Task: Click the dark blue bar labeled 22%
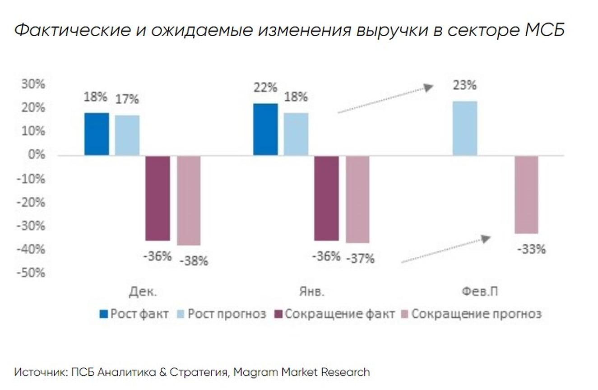click(265, 130)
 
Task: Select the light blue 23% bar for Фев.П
click(464, 128)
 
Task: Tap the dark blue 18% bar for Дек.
click(97, 134)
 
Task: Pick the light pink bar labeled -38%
click(189, 200)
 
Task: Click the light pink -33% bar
click(526, 195)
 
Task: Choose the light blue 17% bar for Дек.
click(127, 135)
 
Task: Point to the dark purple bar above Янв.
click(326, 198)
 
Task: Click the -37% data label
click(360, 259)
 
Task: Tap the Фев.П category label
click(480, 292)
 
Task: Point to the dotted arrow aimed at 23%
click(385, 99)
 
